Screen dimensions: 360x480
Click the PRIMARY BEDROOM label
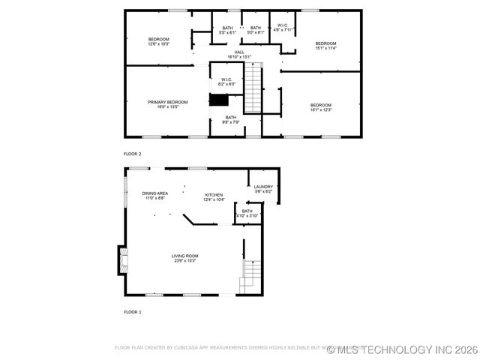click(x=167, y=102)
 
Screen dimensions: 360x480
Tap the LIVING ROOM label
click(x=186, y=256)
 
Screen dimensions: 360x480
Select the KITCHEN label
click(x=214, y=194)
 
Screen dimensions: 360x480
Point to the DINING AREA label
click(x=155, y=193)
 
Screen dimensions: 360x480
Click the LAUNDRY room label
click(x=263, y=187)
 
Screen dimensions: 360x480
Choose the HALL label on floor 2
click(x=239, y=52)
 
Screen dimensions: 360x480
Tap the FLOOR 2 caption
click(x=133, y=154)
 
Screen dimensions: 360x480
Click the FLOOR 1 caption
click(x=133, y=311)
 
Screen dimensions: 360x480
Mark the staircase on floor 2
click(x=255, y=88)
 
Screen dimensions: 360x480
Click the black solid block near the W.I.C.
click(x=219, y=100)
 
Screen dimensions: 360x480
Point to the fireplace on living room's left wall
click(x=120, y=260)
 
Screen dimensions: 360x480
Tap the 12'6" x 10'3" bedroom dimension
click(x=159, y=44)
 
